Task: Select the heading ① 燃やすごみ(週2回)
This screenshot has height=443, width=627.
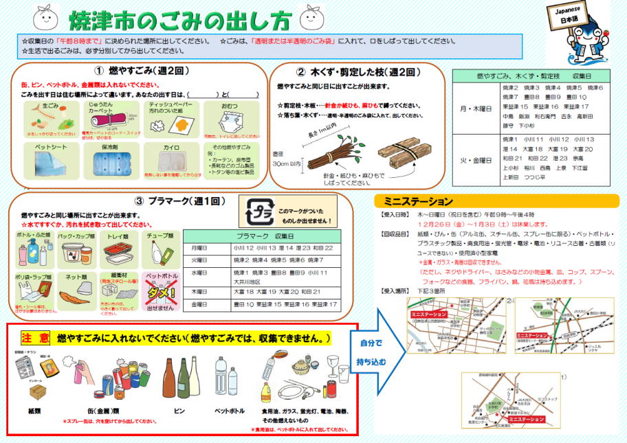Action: pos(142,71)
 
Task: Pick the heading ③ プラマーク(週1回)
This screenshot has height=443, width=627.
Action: pos(180,201)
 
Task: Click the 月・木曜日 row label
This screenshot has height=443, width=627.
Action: pos(473,107)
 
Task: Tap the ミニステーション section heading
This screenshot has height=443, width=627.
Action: pos(419,202)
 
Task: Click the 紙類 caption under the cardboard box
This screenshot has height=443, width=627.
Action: pos(35,411)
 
